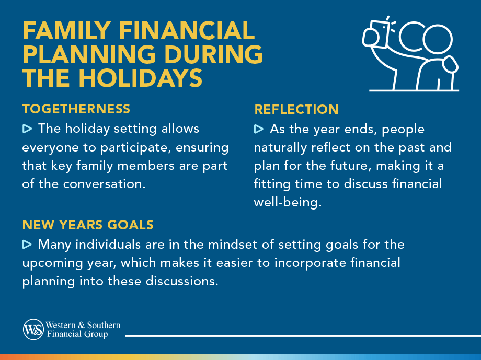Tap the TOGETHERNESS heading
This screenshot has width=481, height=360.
click(76, 109)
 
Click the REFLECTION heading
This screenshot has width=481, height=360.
click(296, 109)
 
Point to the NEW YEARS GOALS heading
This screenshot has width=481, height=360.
click(87, 225)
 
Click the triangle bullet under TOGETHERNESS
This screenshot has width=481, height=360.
click(27, 129)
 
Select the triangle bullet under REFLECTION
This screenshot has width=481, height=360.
click(259, 129)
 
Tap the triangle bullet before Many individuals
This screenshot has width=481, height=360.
click(27, 244)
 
